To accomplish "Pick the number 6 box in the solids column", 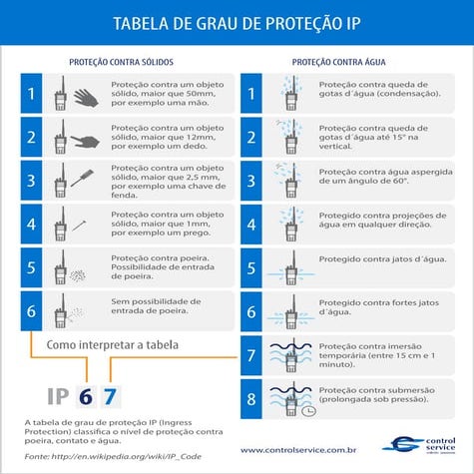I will [32, 311].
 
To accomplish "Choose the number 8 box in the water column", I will [251, 399].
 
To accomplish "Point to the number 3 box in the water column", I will [251, 181].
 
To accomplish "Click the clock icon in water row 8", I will [310, 409].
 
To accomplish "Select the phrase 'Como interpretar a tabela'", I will [110, 344].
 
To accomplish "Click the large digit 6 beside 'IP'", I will [86, 395].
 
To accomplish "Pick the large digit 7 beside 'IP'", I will [110, 395].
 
